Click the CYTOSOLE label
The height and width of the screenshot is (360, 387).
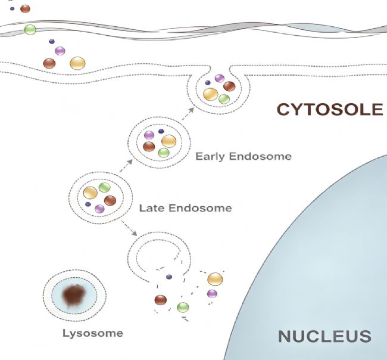tap(330, 109)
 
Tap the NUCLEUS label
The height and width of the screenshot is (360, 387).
tap(324, 336)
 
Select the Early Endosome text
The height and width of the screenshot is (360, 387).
tap(244, 156)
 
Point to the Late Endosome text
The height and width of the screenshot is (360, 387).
tap(185, 208)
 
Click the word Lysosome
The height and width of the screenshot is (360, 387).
tap(93, 333)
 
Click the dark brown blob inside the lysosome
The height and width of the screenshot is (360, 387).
tap(74, 295)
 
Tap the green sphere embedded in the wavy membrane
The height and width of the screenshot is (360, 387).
tap(30, 30)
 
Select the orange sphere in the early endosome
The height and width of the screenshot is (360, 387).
tap(169, 141)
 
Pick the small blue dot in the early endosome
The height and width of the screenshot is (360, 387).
tap(161, 131)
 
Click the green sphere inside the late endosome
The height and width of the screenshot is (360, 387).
tap(104, 187)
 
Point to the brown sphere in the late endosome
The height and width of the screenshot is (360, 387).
tap(110, 200)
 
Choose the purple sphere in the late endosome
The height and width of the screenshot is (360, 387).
tap(99, 209)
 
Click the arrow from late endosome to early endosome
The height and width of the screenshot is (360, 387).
tap(126, 166)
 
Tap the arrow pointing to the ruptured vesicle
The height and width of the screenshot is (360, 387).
tap(129, 228)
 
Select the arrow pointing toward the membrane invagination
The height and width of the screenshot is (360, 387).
tap(188, 114)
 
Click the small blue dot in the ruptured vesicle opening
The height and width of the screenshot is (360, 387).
tap(169, 277)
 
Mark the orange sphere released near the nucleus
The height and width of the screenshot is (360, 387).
tap(215, 279)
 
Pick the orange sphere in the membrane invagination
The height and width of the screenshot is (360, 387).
tap(211, 94)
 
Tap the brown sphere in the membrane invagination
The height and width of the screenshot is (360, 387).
tap(229, 86)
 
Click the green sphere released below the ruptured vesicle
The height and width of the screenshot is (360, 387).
tap(183, 308)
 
